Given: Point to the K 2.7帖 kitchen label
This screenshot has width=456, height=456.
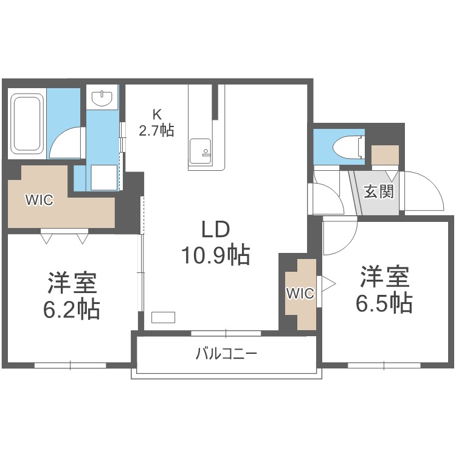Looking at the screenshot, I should point(156,122).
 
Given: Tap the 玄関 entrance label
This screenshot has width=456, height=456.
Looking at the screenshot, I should point(379,192).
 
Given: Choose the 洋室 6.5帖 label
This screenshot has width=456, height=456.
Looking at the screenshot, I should point(384,290).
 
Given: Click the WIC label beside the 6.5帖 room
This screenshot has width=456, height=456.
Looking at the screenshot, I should point(300,294).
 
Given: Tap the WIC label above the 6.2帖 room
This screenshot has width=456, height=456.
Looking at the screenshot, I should point(39,199).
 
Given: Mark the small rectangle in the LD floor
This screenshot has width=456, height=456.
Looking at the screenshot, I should point(163,317).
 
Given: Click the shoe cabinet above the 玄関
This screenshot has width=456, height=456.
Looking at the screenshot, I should point(385,156).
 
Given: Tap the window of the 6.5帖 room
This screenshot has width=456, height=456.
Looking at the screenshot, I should point(384,365).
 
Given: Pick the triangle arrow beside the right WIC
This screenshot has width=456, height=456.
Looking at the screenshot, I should point(328,283).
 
